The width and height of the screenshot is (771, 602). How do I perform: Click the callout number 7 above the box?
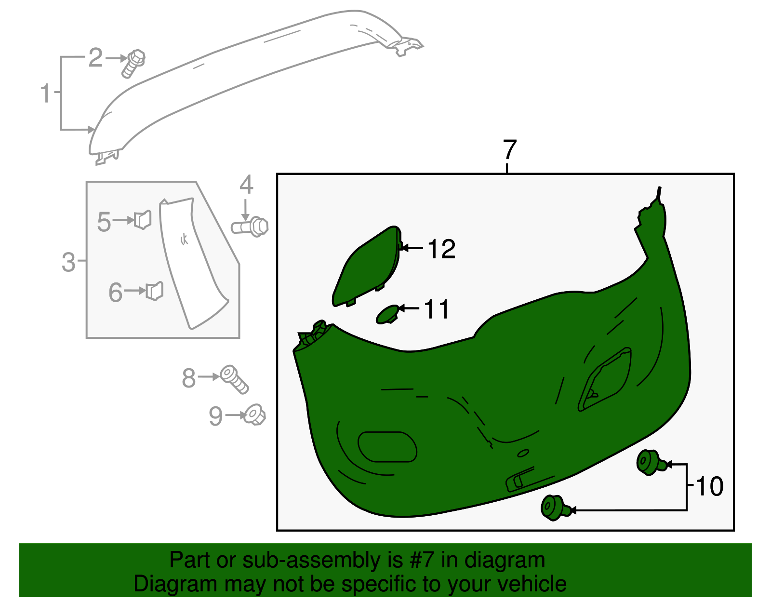tap(509, 149)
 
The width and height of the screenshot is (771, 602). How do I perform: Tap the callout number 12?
tap(441, 249)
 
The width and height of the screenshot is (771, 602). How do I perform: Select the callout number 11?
tap(437, 309)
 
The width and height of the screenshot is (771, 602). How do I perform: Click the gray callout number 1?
tap(45, 93)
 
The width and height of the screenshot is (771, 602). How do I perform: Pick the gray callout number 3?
tap(69, 262)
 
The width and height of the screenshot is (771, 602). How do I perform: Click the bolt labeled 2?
tap(133, 63)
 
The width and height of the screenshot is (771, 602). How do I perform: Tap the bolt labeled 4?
tap(250, 226)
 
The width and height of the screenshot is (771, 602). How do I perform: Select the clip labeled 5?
tap(143, 219)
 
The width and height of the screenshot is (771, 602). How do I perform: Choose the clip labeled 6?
tap(155, 291)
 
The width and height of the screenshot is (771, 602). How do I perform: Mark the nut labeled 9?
tap(254, 415)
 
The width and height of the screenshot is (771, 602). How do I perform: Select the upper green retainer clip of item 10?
tap(650, 462)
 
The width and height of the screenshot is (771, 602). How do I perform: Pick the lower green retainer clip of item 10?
tap(554, 508)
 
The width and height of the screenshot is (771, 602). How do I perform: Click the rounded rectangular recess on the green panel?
tap(387, 447)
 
